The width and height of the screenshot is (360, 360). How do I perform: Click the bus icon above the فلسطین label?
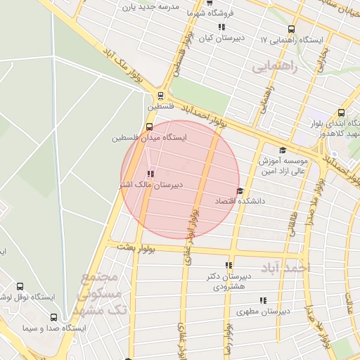(x=161, y=96)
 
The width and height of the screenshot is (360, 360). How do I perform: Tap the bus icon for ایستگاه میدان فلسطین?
(x=148, y=127)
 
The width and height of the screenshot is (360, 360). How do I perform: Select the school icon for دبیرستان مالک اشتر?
(x=150, y=174)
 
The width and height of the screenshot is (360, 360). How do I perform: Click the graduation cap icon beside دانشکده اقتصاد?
(x=240, y=191)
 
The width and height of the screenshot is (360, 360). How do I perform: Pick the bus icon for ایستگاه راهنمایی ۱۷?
(x=291, y=30)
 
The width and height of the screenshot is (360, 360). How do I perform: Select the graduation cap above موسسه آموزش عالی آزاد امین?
(x=283, y=150)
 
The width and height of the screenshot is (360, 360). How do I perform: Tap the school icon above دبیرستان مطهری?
(x=263, y=300)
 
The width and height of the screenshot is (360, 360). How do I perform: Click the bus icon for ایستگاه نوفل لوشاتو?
(x=19, y=287)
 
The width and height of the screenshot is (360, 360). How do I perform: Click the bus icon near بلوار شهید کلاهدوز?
(x=341, y=112)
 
